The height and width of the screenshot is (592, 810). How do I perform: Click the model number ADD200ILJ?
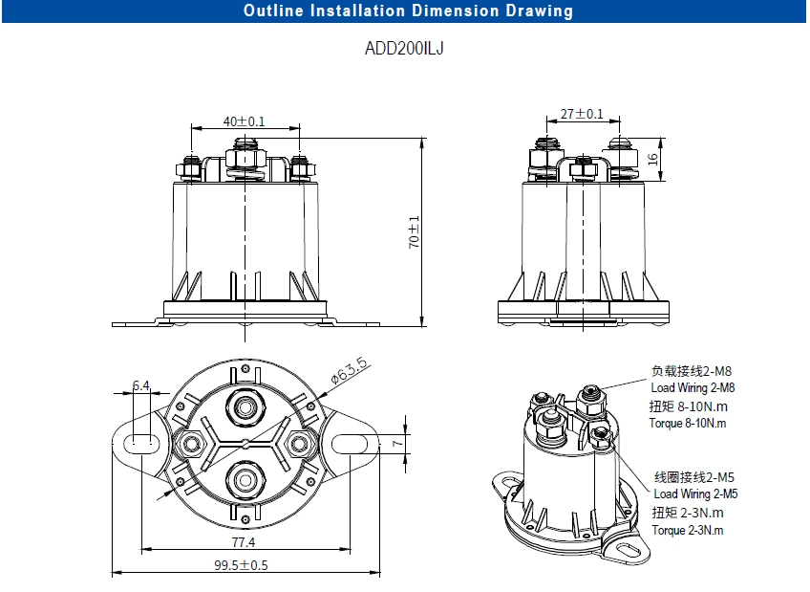[x=404, y=49]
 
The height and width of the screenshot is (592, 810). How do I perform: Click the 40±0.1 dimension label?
[x=244, y=121]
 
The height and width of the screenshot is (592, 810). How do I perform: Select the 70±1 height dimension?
[x=415, y=231]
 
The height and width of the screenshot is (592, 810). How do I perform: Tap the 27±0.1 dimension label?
[x=581, y=114]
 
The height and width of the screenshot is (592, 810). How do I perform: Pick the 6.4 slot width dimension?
[x=141, y=385]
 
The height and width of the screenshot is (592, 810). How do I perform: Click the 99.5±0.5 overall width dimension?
[x=241, y=564]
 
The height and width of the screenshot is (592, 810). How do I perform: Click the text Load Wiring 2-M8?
[x=693, y=387]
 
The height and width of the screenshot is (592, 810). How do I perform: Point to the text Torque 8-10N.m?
[x=688, y=423]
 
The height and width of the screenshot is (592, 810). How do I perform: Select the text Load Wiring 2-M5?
[x=695, y=493]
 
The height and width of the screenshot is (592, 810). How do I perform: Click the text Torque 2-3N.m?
[x=687, y=529]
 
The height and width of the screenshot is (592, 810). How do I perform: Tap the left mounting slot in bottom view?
[x=141, y=443]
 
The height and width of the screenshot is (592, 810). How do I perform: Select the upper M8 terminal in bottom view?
[x=246, y=407]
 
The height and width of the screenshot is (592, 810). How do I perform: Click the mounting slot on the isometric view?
[x=626, y=552]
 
